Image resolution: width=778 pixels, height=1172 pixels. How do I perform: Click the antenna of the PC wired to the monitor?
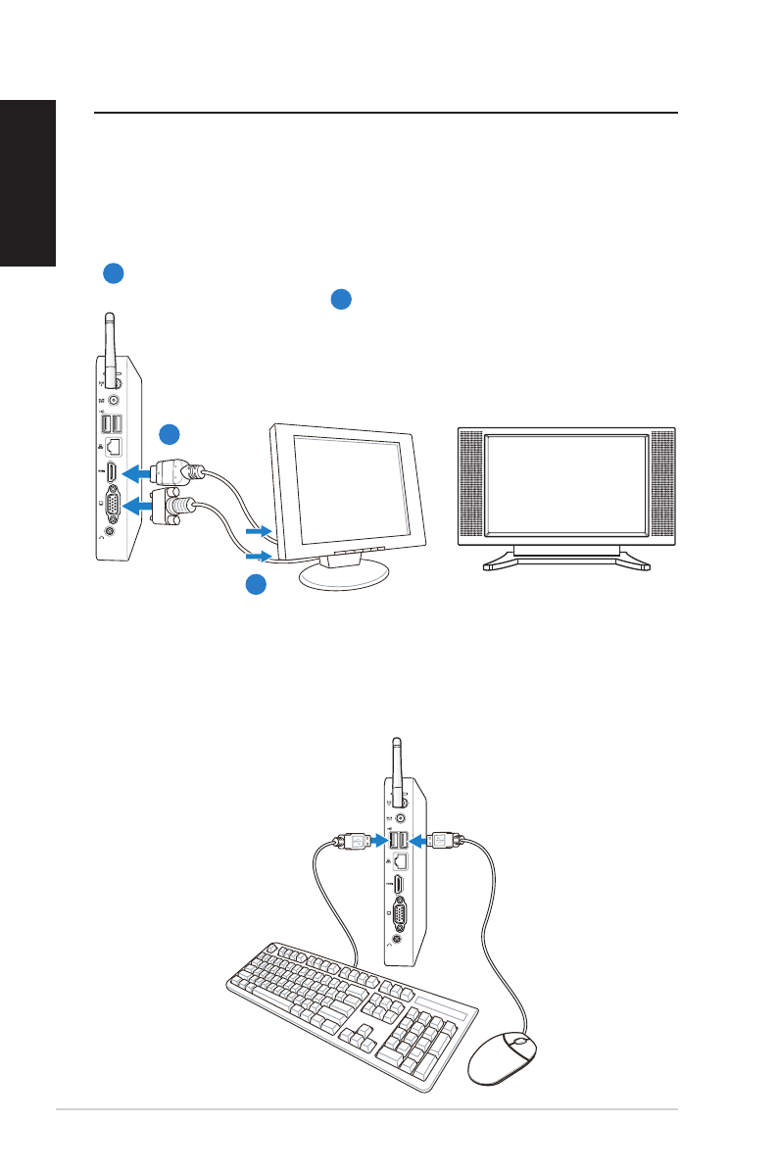pos(109,348)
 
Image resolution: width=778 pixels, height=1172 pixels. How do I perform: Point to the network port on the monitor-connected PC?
pos(114,445)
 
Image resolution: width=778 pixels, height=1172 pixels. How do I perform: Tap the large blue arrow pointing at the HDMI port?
pos(141,474)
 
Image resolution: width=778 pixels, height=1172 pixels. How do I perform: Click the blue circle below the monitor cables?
pos(255,585)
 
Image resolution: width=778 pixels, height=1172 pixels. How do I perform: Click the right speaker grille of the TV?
pos(662,486)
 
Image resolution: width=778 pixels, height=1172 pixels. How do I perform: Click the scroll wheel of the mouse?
pos(519,1041)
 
